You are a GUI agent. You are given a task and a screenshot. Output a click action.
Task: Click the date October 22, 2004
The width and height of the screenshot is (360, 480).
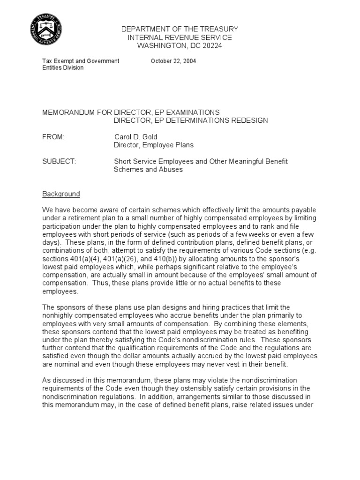click(x=173, y=61)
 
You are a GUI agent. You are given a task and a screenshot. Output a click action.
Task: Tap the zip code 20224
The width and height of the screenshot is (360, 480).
click(x=209, y=45)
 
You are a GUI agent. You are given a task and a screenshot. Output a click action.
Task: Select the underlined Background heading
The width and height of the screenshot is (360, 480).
click(x=61, y=194)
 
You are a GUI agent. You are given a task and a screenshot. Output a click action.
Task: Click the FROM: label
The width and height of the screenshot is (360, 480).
click(x=53, y=137)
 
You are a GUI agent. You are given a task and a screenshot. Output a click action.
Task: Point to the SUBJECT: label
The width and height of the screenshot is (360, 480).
click(x=59, y=161)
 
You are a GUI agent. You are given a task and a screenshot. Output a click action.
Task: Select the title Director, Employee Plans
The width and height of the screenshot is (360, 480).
click(x=154, y=145)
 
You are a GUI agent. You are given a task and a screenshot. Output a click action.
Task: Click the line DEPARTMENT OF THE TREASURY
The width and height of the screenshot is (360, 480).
click(x=180, y=29)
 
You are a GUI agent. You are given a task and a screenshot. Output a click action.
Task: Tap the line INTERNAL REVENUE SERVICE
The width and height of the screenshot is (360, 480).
click(x=180, y=37)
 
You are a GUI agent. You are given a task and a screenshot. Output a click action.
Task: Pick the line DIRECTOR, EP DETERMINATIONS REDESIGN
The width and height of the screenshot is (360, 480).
click(x=191, y=120)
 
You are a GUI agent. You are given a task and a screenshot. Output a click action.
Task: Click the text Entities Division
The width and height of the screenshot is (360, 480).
click(x=63, y=67)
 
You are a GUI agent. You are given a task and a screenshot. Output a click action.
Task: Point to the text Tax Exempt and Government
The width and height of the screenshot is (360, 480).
click(x=81, y=61)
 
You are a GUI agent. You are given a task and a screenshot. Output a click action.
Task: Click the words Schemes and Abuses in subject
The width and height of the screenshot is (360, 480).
click(x=148, y=170)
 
